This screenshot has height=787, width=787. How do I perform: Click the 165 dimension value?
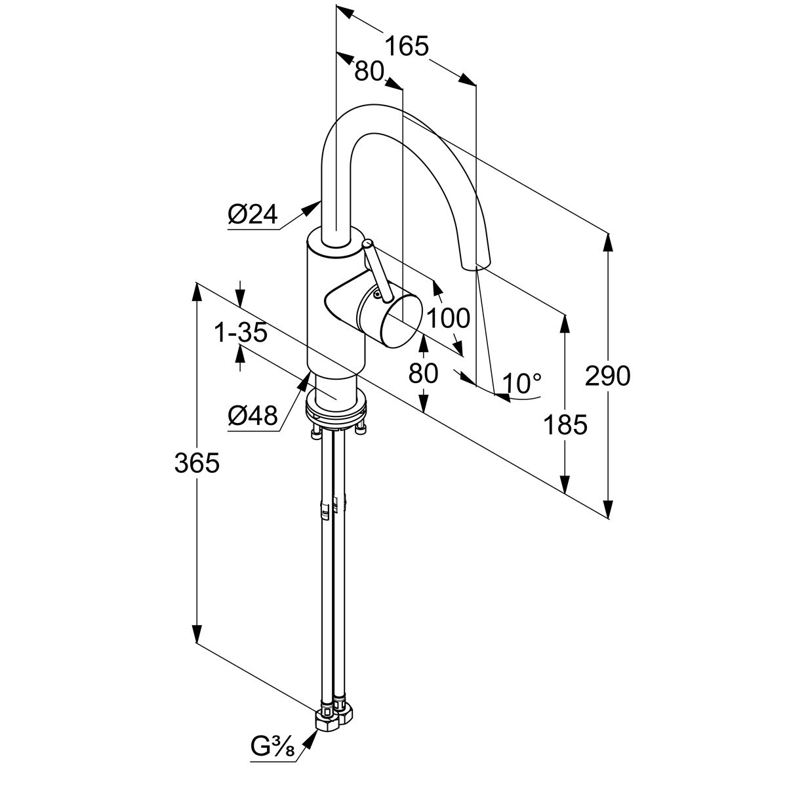(x=406, y=47)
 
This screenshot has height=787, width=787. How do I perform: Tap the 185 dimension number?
(x=565, y=425)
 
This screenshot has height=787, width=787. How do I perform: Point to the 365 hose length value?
(x=196, y=463)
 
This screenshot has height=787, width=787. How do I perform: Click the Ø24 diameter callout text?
(x=253, y=214)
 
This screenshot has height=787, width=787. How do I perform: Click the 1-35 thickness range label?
(x=241, y=333)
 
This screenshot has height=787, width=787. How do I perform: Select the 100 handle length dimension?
(x=449, y=318)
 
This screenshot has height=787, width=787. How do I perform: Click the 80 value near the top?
(x=369, y=71)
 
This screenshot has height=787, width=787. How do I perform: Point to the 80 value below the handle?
(x=423, y=373)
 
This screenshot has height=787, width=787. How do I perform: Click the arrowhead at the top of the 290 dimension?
(x=609, y=243)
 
